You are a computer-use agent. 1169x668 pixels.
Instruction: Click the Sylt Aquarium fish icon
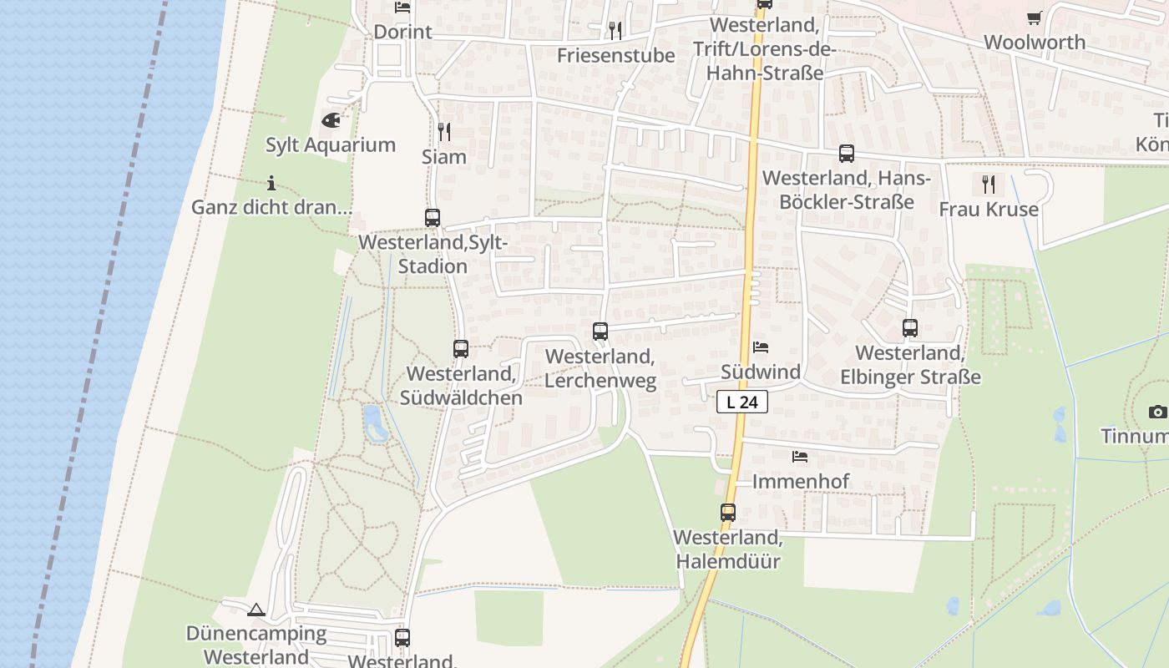[331, 120]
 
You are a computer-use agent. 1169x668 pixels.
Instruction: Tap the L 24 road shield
[741, 402]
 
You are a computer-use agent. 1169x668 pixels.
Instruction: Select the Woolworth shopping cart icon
[1034, 18]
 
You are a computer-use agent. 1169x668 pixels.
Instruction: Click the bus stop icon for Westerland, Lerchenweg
[600, 331]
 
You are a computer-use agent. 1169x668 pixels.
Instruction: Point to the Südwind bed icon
[760, 347]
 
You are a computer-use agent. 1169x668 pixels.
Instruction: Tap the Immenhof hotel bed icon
[799, 457]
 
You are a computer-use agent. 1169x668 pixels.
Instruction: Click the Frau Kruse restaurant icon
[989, 184]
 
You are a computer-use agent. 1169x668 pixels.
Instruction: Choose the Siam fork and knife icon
[443, 131]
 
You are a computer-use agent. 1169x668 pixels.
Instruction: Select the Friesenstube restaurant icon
[615, 31]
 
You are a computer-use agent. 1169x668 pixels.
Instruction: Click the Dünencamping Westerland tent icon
[256, 610]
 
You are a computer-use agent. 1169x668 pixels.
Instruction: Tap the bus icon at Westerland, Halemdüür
[727, 513]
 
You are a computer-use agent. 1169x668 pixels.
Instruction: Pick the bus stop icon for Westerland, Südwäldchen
[460, 349]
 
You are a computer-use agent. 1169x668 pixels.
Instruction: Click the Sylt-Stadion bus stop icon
[432, 218]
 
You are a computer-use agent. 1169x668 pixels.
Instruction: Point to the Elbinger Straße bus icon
[909, 328]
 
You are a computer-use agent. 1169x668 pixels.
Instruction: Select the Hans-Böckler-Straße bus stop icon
[846, 154]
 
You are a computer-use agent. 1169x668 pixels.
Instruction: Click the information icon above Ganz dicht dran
[271, 183]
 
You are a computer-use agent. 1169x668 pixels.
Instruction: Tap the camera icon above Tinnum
[1157, 412]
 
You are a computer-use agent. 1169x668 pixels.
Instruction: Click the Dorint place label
[402, 32]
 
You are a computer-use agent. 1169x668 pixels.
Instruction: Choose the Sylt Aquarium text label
[331, 144]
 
